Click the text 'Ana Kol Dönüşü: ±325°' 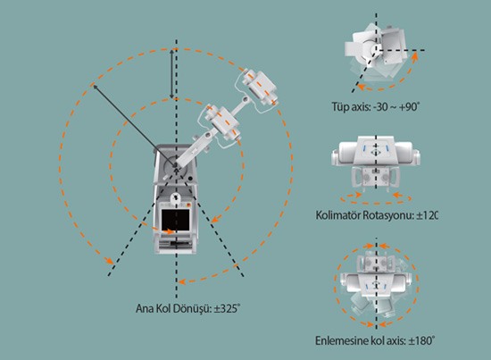tap(187, 308)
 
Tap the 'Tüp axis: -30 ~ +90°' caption tap(376, 107)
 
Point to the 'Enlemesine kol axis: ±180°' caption tap(375, 340)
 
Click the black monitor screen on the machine tap(175, 220)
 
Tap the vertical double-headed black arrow tap(171, 74)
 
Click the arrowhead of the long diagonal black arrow tap(95, 87)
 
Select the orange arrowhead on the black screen tap(170, 232)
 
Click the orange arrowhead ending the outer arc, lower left tap(109, 261)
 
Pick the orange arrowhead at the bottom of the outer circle tap(182, 282)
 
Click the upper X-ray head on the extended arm tap(260, 88)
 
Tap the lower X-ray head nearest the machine tap(222, 123)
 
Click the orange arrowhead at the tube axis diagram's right tap(415, 56)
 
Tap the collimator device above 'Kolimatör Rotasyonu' tap(376, 163)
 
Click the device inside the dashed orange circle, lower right tap(376, 284)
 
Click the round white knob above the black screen tap(176, 197)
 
